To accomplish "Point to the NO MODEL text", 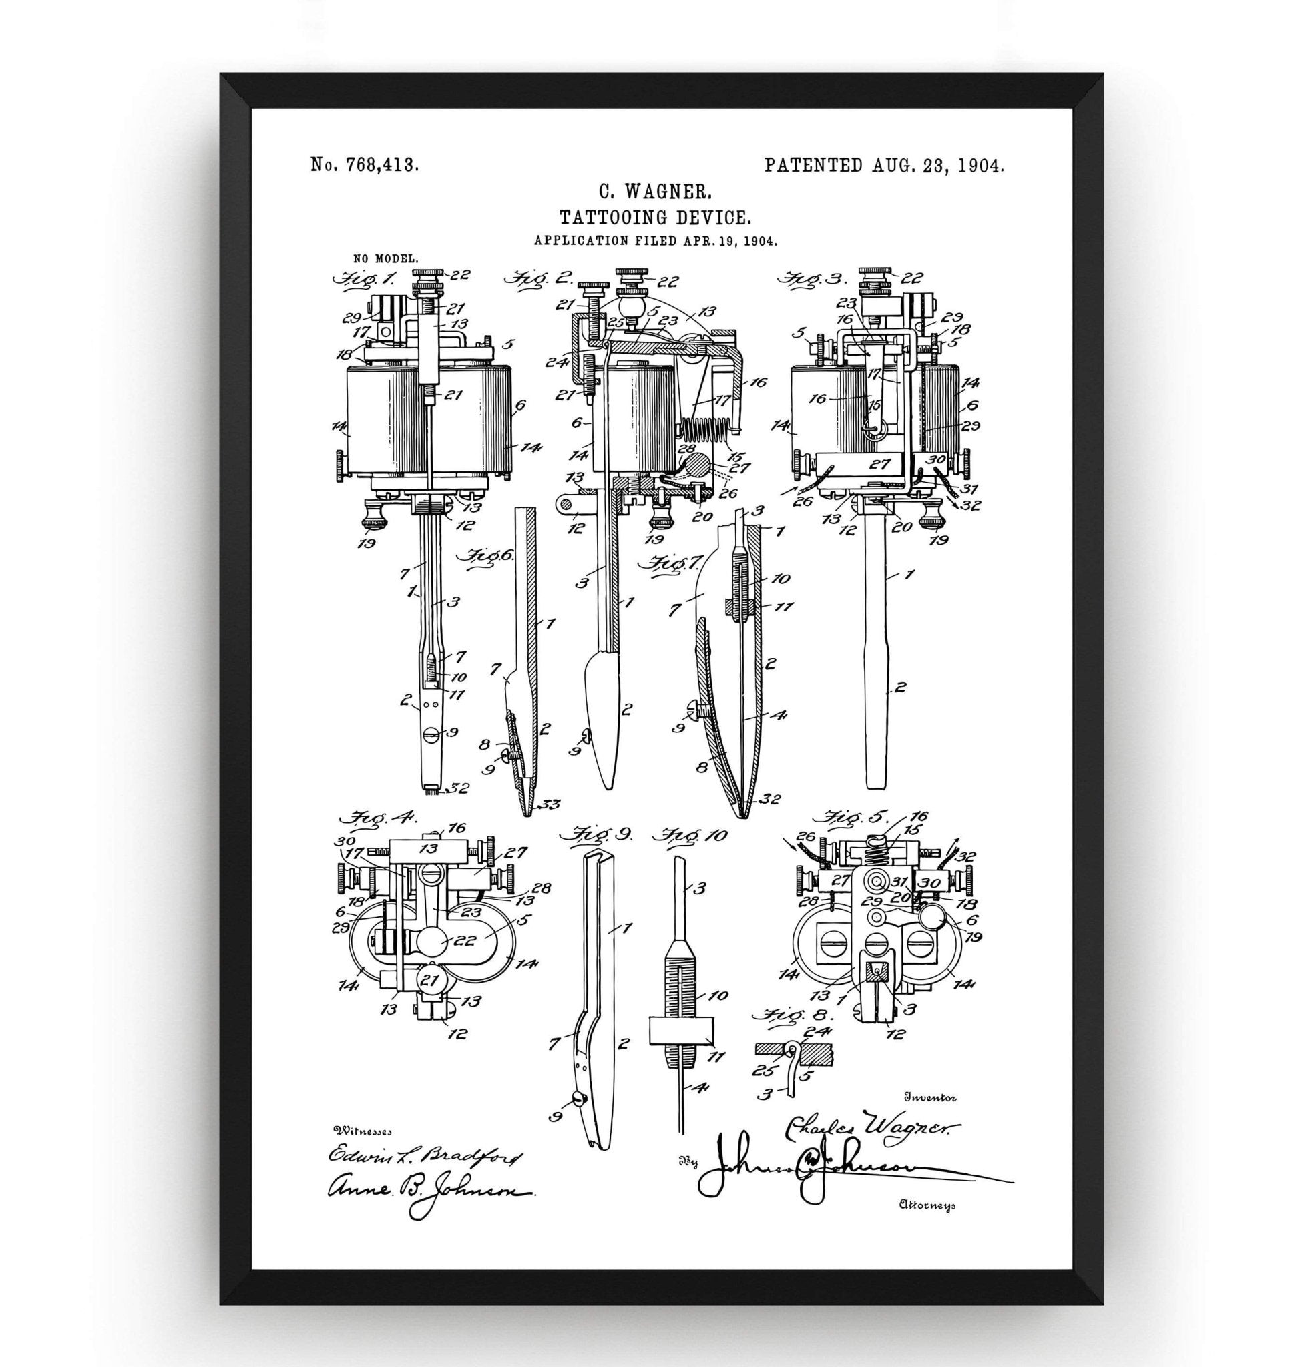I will pyautogui.click(x=385, y=258).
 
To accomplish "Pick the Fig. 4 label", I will pyautogui.click(x=376, y=820).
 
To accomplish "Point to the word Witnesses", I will pyautogui.click(x=363, y=1131).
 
